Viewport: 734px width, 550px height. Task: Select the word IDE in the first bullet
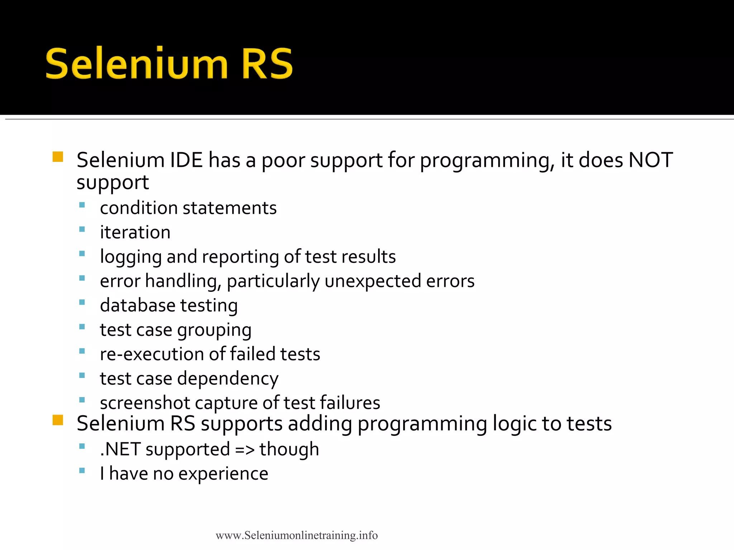[x=186, y=160]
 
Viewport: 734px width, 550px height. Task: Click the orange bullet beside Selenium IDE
[x=58, y=157]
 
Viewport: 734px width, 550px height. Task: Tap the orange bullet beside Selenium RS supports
[x=58, y=420]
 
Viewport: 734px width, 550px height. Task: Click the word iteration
[x=135, y=232]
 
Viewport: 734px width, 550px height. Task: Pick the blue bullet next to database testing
[x=82, y=302]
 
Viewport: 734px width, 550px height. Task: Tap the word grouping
[x=214, y=330]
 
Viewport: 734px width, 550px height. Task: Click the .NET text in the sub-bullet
[x=120, y=449]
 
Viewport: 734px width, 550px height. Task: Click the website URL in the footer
[x=296, y=535]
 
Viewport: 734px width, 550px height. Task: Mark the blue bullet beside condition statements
[x=82, y=205]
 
